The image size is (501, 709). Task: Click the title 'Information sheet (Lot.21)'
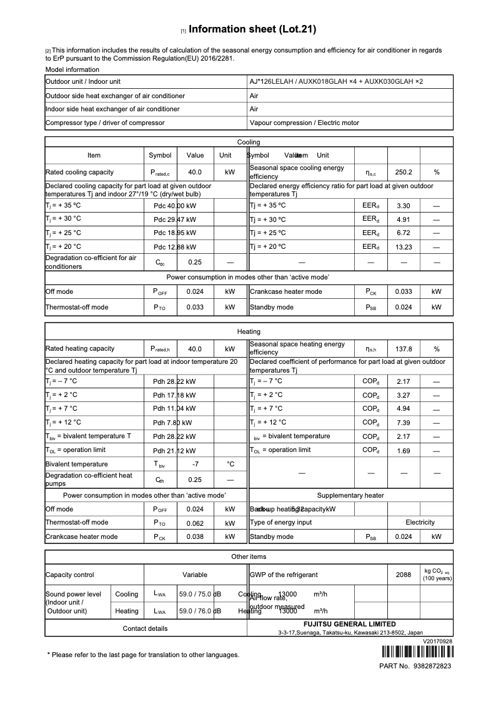tap(252, 29)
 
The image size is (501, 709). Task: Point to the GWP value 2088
tap(404, 575)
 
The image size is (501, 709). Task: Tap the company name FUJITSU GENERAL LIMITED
tap(350, 624)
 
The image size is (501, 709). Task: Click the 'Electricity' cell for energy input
tap(420, 523)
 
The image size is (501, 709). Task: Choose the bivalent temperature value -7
tap(195, 464)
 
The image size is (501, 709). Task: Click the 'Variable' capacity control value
tap(195, 575)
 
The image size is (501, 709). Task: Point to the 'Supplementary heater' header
tap(350, 495)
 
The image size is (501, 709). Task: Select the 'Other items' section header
tap(249, 556)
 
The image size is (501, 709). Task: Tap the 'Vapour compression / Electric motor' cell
tap(304, 123)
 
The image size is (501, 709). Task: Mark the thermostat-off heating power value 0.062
tap(195, 523)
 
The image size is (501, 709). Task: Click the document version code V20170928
tap(437, 641)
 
